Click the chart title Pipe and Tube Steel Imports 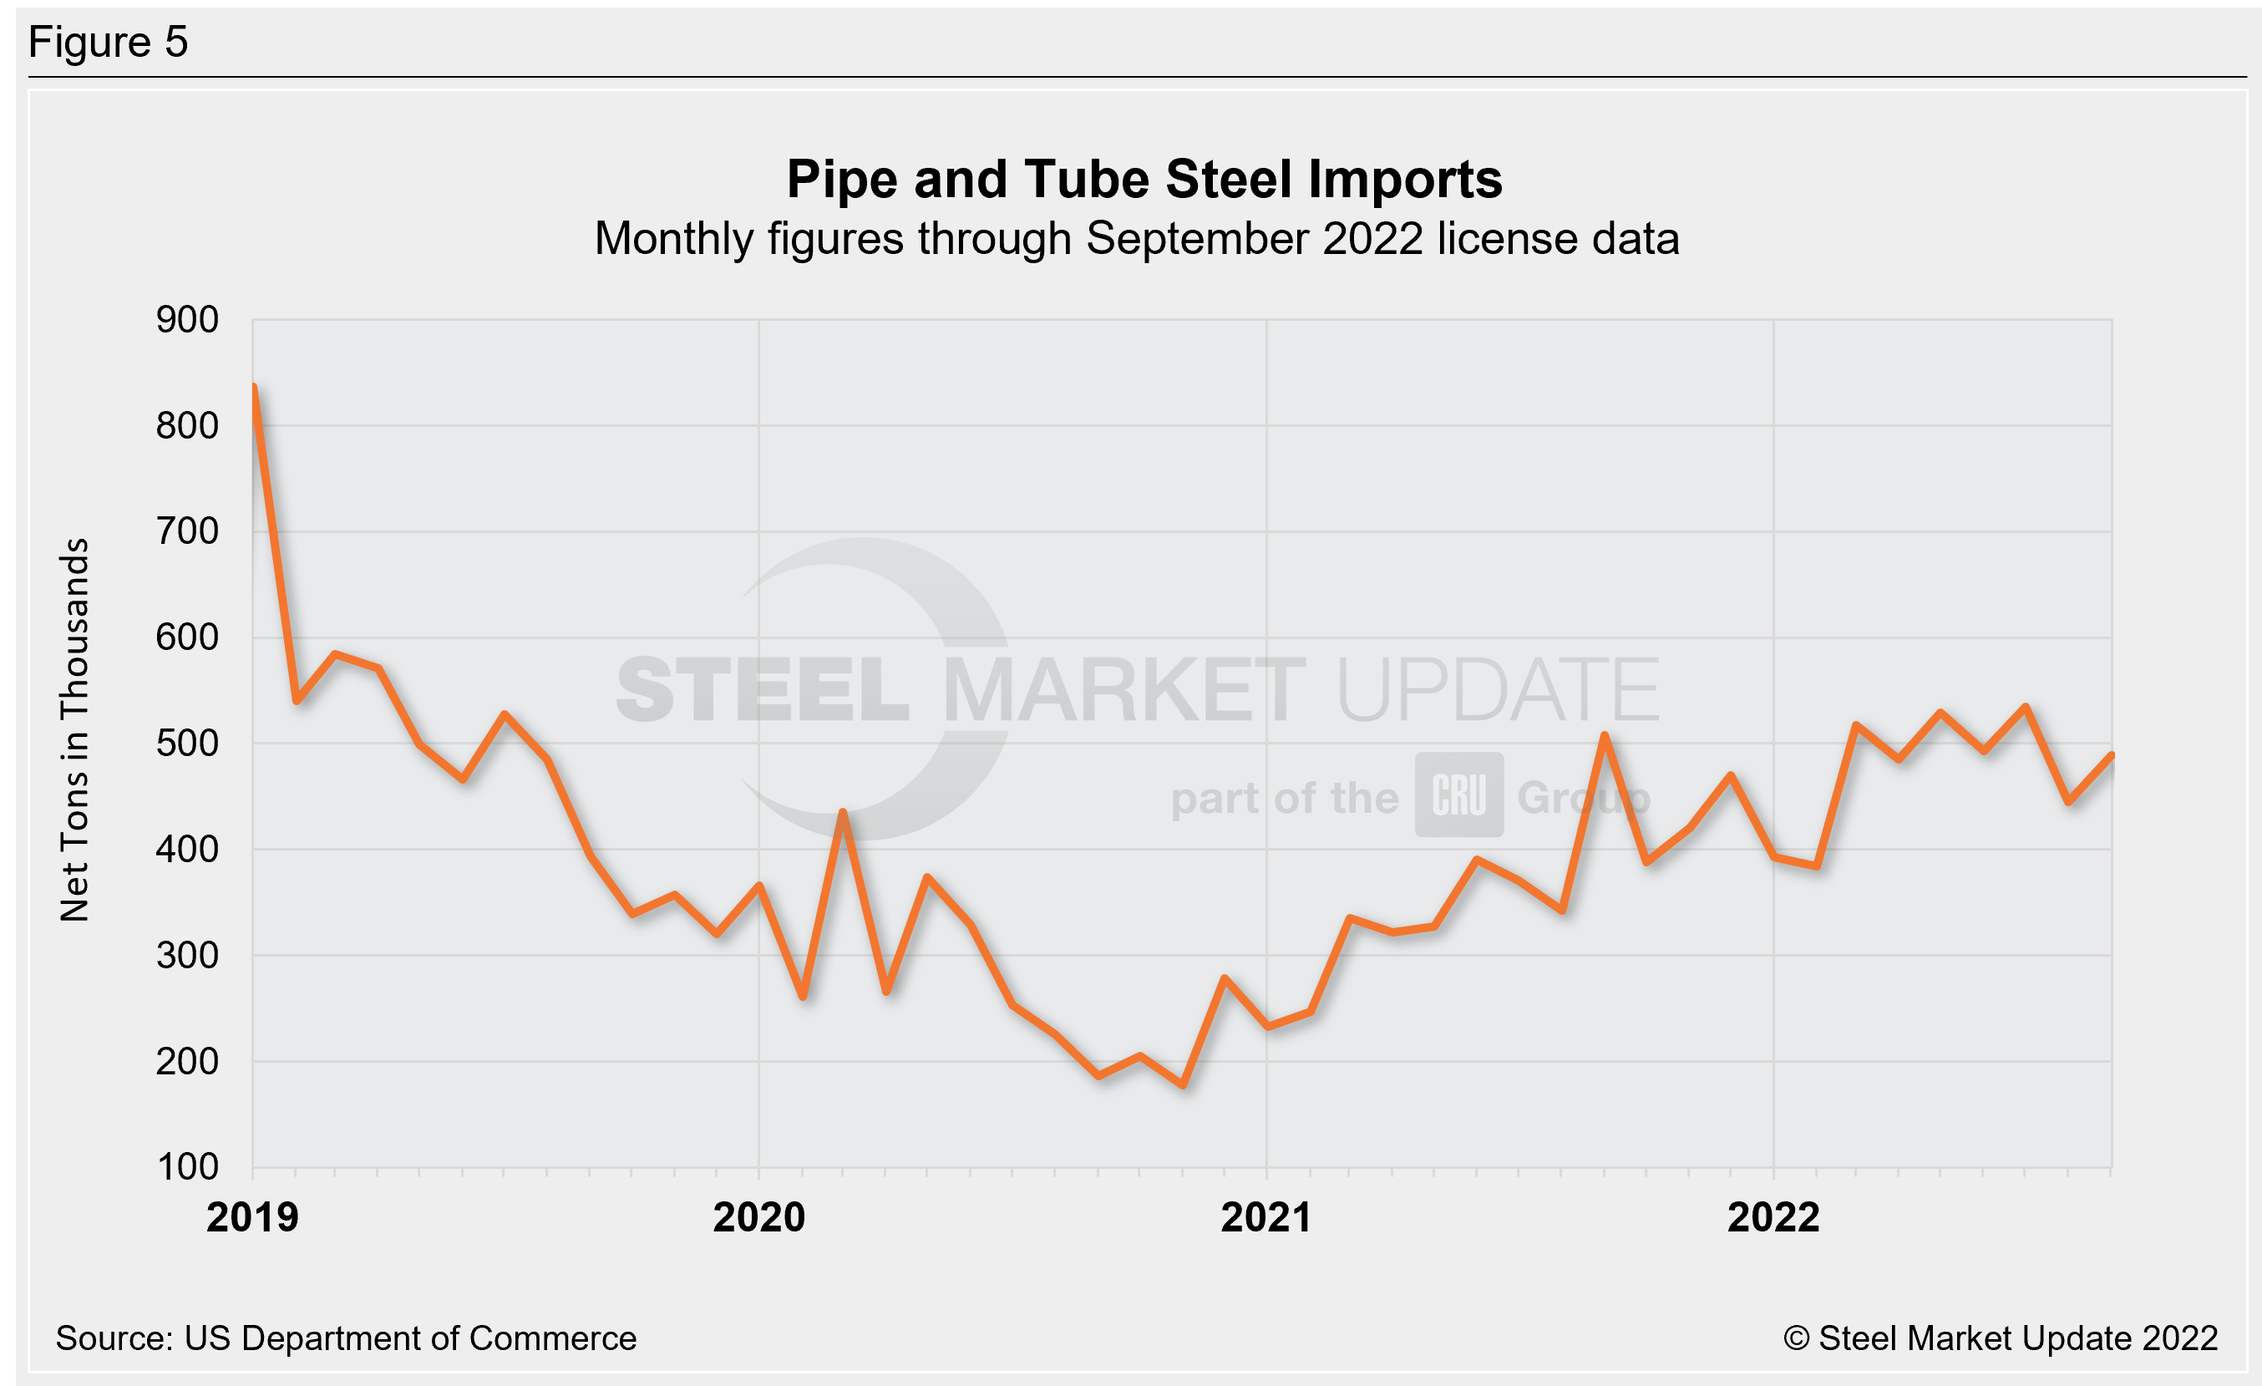(1144, 179)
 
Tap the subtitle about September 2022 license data (1137, 240)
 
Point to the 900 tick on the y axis (187, 320)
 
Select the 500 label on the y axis (187, 744)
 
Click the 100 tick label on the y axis (187, 1168)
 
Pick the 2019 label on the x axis (252, 1218)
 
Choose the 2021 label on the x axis (1266, 1218)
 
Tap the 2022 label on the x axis (1773, 1218)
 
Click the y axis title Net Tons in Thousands (74, 729)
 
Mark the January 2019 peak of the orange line (253, 387)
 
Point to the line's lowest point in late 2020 (1184, 1085)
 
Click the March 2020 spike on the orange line (843, 812)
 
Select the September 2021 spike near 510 (1604, 735)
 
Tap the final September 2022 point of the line (2112, 755)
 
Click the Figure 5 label (109, 43)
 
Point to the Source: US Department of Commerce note (345, 1338)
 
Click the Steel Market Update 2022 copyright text (2001, 1338)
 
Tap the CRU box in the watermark (1458, 795)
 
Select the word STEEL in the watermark (762, 689)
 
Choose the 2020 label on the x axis (759, 1218)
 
